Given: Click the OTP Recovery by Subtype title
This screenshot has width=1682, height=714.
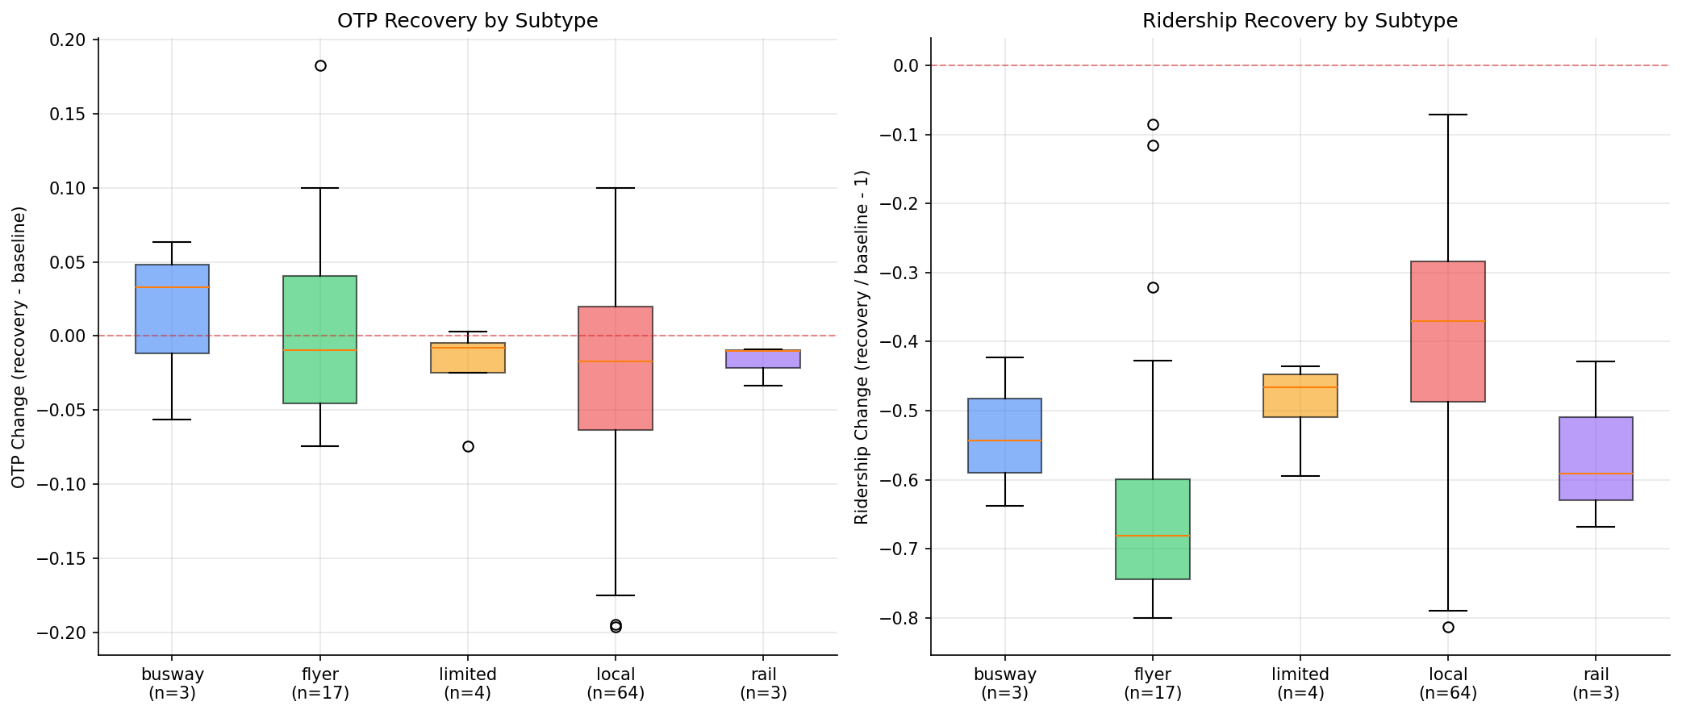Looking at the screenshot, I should (x=467, y=21).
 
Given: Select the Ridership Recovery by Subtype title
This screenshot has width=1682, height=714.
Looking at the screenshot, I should (x=1300, y=21).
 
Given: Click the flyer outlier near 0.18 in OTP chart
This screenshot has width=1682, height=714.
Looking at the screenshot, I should (x=320, y=65).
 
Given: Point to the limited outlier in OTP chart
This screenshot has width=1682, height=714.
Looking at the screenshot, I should (x=468, y=446).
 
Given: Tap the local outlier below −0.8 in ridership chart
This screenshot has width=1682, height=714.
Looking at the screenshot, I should (x=1448, y=627).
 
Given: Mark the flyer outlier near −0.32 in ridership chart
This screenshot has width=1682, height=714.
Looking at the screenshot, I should (x=1153, y=287).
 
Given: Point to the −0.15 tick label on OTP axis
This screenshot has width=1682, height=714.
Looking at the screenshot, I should (x=65, y=558).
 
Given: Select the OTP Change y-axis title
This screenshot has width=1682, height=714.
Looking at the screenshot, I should (x=19, y=347).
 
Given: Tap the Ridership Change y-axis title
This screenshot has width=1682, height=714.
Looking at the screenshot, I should (x=862, y=347).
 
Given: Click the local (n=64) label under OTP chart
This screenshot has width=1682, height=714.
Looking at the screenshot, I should (x=616, y=683).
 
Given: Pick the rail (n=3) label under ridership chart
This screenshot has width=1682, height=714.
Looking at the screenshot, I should (x=1596, y=683).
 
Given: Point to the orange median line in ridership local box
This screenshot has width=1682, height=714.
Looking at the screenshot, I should (x=1448, y=321).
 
